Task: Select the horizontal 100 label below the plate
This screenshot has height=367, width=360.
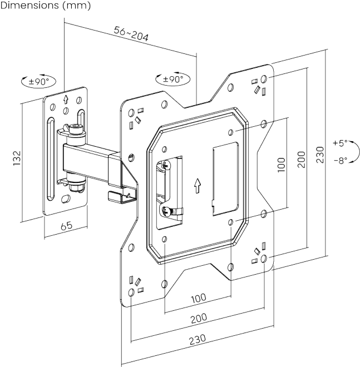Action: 198,299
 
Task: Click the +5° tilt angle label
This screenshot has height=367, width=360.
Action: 338,143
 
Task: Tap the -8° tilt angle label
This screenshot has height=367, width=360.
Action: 338,160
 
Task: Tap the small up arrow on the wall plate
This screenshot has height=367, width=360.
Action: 66,100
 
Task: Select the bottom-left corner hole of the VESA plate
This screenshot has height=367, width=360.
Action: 130,292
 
